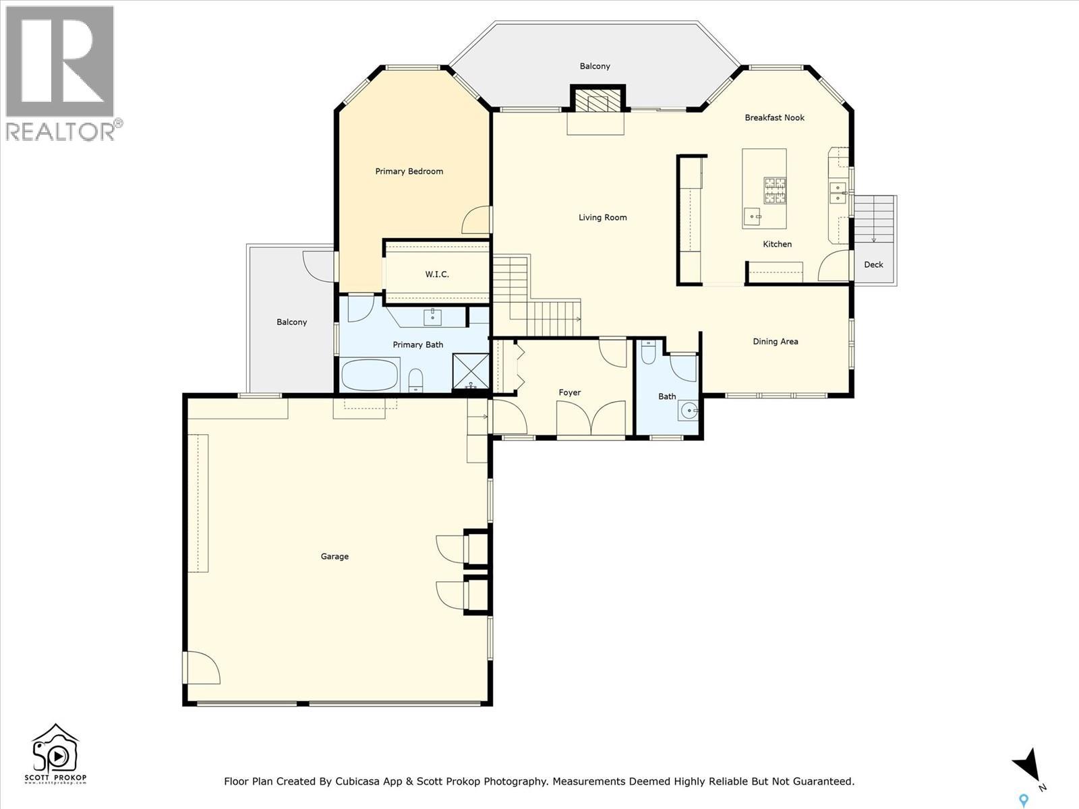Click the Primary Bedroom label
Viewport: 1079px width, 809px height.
coord(409,171)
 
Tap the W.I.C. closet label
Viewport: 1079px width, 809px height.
coord(437,274)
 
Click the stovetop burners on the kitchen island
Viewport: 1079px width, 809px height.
coord(775,190)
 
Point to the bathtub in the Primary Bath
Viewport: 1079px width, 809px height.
coord(370,375)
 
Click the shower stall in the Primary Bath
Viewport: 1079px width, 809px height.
coord(471,371)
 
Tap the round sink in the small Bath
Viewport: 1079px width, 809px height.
coord(689,409)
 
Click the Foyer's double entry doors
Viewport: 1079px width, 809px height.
coord(591,418)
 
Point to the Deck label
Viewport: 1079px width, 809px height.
coord(873,264)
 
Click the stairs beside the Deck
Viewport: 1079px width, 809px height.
coord(874,219)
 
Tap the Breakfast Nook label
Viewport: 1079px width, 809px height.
coord(774,117)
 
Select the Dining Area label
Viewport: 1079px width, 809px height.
coord(775,341)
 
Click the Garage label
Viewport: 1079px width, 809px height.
coord(334,556)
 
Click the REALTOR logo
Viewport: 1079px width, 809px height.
coord(61,71)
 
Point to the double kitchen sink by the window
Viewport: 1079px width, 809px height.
coord(838,192)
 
